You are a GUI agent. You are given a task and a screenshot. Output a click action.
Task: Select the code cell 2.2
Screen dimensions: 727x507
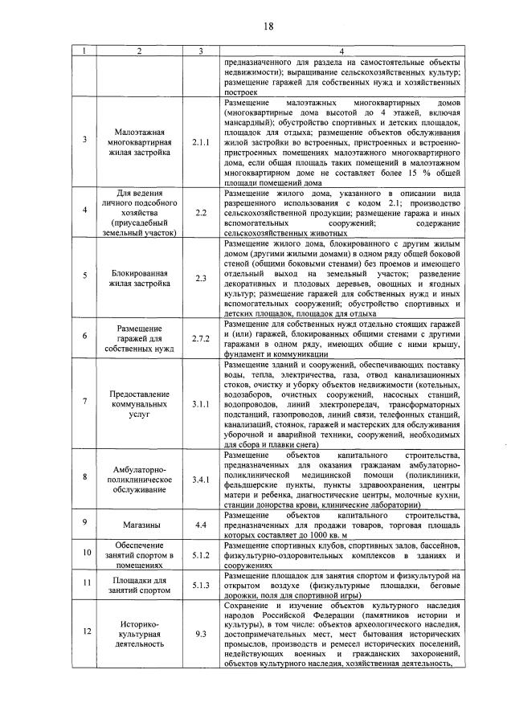(x=200, y=212)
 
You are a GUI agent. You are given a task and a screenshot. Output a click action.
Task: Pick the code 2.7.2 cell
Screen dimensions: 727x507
(x=200, y=339)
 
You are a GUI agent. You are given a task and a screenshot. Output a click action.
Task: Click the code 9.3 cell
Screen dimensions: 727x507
(x=200, y=634)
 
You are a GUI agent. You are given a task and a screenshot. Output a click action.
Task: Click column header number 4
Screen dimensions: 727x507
(x=341, y=52)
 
